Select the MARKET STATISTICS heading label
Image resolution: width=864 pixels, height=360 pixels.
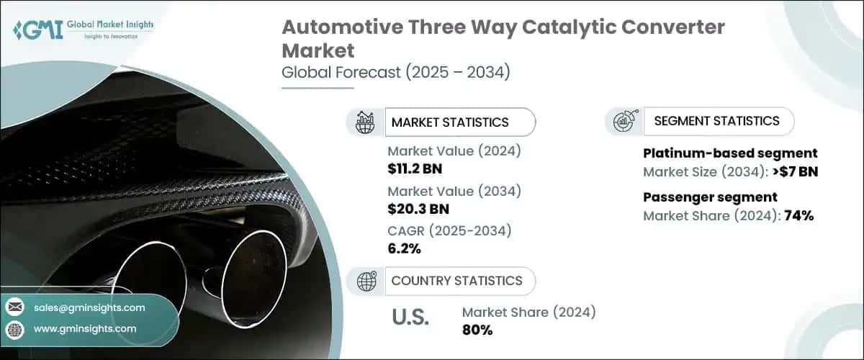449,122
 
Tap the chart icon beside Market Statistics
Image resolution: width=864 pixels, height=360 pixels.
364,122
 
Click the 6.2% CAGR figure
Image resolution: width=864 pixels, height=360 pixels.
404,249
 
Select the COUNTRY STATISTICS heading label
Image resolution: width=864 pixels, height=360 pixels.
456,281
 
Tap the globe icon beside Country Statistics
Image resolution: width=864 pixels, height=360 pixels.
364,281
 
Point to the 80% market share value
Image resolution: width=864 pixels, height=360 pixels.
477,330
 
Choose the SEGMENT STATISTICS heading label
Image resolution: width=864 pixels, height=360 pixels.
716,121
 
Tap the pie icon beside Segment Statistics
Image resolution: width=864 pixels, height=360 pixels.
623,122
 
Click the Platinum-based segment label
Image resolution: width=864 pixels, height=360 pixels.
729,153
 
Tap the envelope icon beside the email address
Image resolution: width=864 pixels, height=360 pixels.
15,307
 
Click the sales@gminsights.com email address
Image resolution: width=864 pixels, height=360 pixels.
89,307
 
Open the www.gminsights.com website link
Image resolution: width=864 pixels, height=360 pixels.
85,329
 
